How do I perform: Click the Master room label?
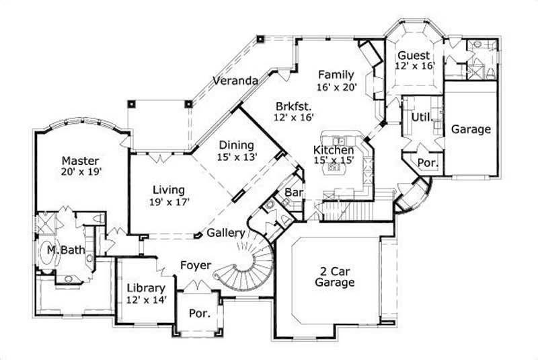coord(81,161)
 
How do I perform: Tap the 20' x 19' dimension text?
coord(81,172)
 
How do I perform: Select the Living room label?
coord(168,190)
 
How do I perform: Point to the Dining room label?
coord(235,145)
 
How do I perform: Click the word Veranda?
coord(235,81)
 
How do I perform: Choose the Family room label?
coord(336,74)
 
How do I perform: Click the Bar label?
coord(293,192)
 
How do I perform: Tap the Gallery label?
coord(225,233)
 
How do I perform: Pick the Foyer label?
coord(196,265)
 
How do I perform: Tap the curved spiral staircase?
coord(249,266)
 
